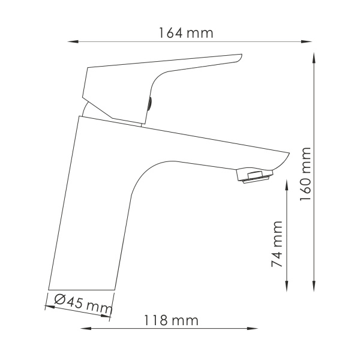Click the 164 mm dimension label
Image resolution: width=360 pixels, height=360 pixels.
click(186, 33)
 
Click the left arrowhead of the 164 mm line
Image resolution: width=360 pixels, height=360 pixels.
click(71, 41)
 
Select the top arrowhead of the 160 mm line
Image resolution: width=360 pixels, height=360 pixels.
click(315, 57)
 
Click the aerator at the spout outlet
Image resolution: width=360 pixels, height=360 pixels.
click(255, 177)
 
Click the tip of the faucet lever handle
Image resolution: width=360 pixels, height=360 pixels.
click(239, 58)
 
